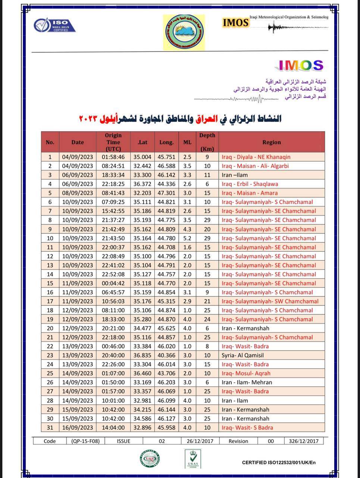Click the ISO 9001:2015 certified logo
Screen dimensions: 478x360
[54, 26]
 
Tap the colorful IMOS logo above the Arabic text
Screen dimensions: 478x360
[301, 65]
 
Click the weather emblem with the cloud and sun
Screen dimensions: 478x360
[184, 32]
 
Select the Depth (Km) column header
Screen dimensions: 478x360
[207, 142]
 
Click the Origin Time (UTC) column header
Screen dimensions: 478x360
[113, 142]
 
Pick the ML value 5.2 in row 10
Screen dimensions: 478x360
[187, 238]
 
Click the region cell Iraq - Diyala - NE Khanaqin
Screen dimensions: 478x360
[256, 157]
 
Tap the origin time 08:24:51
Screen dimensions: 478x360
[113, 166]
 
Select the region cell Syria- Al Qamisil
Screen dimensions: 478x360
[242, 355]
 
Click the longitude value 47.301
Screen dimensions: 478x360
[166, 193]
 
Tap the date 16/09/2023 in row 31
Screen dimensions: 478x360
[78, 428]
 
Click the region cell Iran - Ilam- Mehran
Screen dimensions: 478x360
[247, 382]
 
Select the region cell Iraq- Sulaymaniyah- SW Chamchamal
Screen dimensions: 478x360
[270, 301]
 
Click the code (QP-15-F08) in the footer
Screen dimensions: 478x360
[85, 441]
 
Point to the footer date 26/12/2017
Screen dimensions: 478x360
[200, 441]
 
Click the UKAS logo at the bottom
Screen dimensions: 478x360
[193, 459]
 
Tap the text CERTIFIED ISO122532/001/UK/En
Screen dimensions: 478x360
[279, 463]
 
